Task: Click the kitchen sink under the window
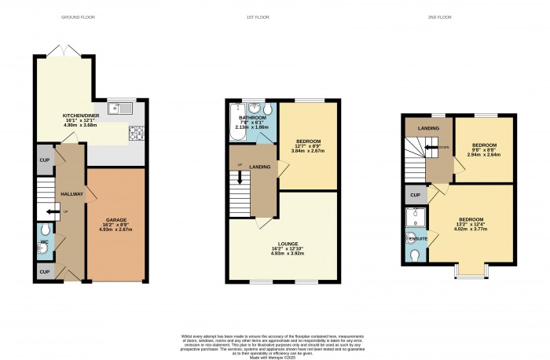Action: click(116, 111)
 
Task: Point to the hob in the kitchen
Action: click(135, 133)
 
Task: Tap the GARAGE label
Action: click(115, 219)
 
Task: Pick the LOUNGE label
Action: click(285, 244)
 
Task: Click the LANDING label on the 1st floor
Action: click(260, 166)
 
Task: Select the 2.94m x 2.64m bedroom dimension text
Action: click(484, 155)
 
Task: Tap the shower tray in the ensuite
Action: click(415, 216)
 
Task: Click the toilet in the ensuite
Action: click(415, 255)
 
